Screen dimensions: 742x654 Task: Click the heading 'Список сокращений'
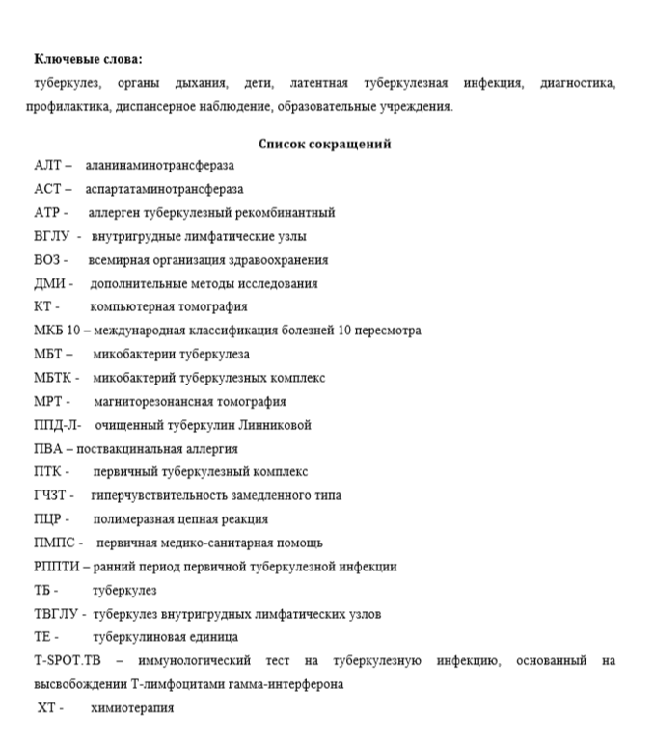tap(325, 145)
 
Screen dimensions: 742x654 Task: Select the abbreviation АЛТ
tap(47, 167)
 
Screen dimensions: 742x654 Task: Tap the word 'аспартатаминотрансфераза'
tap(164, 190)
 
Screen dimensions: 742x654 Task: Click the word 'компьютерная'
tap(130, 307)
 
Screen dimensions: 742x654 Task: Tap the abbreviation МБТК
tap(53, 378)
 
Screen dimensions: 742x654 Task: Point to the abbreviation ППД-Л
tap(55, 425)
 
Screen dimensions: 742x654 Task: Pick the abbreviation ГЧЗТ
tap(51, 495)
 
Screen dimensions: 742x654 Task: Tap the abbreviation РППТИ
tap(57, 567)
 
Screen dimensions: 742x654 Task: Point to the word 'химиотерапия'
tap(133, 708)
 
